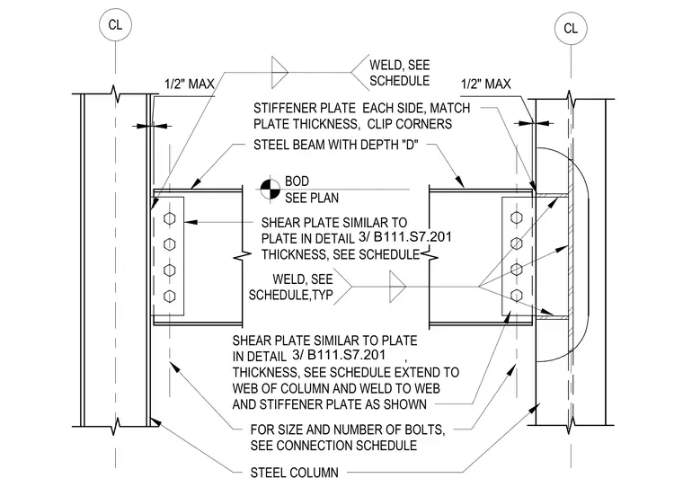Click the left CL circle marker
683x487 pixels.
(115, 24)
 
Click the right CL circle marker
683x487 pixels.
(571, 29)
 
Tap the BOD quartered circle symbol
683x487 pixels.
(271, 190)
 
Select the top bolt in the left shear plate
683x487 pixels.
(170, 218)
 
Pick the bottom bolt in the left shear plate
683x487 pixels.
(170, 297)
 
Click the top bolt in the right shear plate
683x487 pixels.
(516, 217)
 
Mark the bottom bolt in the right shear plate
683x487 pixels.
(516, 296)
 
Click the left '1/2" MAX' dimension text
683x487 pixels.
(190, 84)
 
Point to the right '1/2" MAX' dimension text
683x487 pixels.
(485, 84)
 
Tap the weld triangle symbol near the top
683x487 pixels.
(279, 72)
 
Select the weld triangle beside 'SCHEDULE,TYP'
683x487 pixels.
(397, 287)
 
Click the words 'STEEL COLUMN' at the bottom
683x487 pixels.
(295, 473)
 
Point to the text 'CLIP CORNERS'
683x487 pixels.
(410, 124)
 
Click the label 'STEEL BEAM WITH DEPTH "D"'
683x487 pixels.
(336, 145)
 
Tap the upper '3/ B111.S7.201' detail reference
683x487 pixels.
(405, 237)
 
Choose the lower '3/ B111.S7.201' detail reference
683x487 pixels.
(339, 355)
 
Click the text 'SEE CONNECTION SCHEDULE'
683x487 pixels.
(333, 446)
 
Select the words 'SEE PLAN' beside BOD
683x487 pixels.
(312, 199)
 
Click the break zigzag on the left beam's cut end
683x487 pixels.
(242, 256)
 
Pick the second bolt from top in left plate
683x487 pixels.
(170, 244)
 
